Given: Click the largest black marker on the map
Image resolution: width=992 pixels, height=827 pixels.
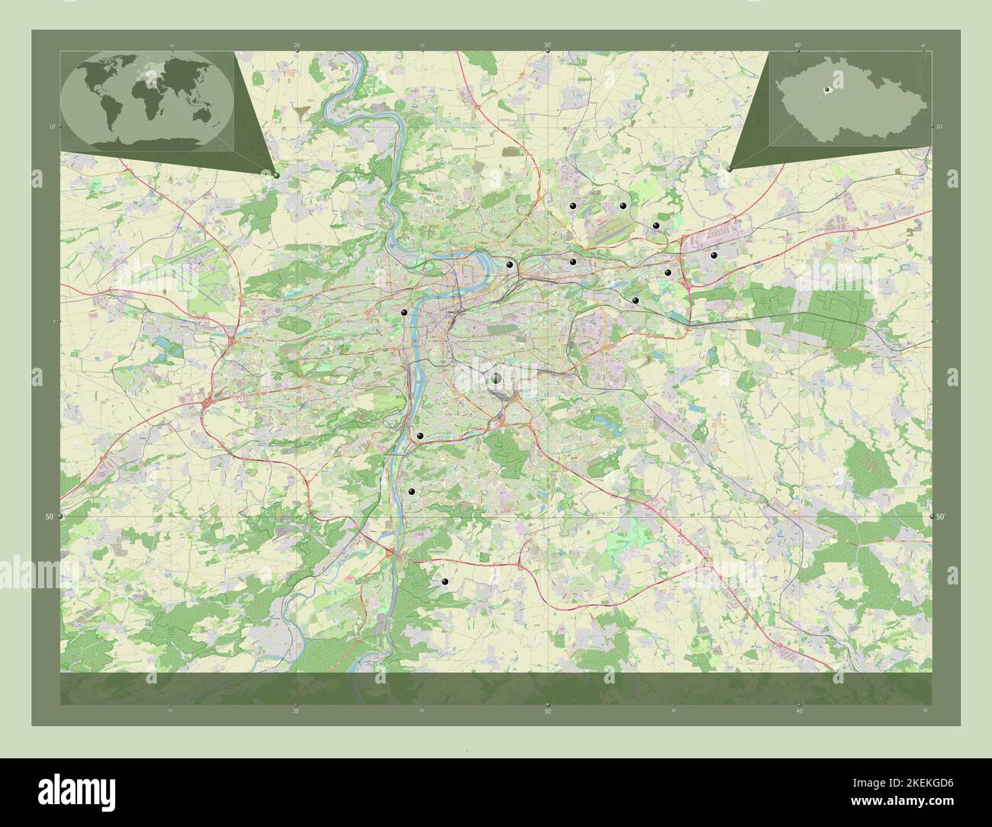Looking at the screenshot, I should coord(496,378).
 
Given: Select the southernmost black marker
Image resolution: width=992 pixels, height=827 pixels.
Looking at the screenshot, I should coord(445,582).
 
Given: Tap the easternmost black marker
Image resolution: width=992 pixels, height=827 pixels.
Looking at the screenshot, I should coord(714,256).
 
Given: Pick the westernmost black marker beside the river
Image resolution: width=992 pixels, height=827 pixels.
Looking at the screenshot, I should coord(404,312).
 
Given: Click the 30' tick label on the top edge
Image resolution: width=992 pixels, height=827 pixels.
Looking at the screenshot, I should coord(547,46).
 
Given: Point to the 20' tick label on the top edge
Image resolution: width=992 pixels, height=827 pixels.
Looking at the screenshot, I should coord(296,46).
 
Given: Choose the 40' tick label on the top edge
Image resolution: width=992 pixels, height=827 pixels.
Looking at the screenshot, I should coord(797,46).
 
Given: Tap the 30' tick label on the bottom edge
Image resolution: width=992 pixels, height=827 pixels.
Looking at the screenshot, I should coord(547,710).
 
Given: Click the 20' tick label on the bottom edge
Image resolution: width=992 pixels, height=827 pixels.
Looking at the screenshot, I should coord(296,710).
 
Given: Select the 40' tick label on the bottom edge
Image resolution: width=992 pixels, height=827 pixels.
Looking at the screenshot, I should coord(797,710).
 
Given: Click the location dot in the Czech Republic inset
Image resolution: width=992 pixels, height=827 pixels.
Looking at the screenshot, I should coord(826,92).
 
